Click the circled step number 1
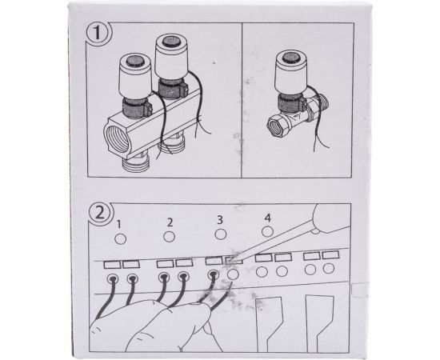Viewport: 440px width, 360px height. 98,34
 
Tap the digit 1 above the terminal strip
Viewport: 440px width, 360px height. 118,224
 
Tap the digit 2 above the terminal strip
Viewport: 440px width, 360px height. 170,222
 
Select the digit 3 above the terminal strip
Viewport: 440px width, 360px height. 220,219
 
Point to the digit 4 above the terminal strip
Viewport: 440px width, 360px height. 267,218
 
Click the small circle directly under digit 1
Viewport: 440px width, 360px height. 120,239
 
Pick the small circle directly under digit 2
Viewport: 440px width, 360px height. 170,237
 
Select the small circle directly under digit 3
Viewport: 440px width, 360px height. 221,234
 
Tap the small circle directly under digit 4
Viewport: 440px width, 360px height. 267,231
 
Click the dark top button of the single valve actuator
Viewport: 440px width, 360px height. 290,58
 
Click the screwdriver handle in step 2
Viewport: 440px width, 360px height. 333,218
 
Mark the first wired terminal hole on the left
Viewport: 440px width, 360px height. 113,278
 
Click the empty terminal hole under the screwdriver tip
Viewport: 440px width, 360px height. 233,274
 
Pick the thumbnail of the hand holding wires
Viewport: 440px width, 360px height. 207,327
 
